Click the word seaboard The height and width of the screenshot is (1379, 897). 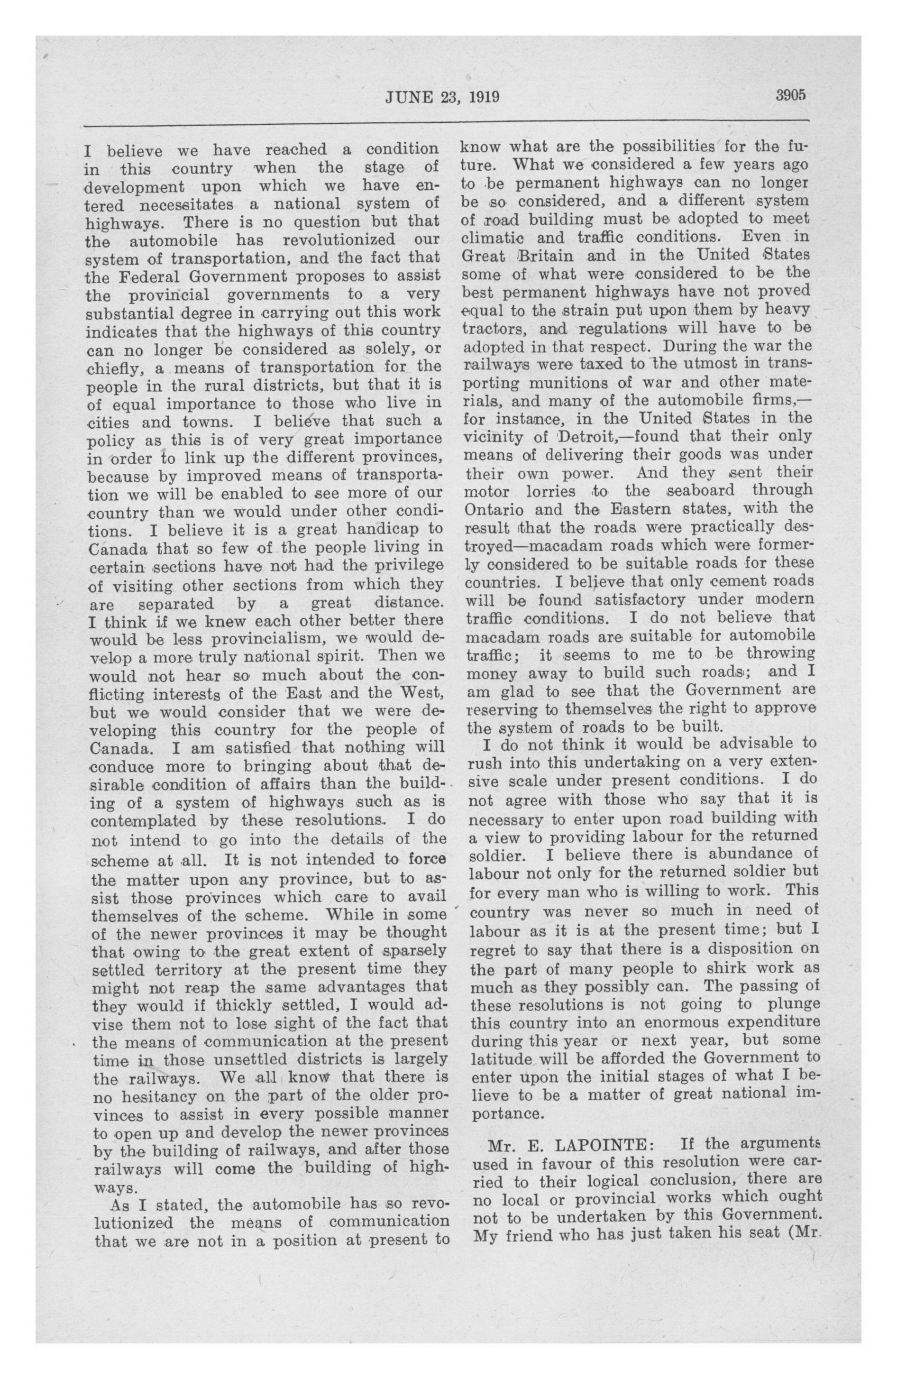point(700,490)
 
